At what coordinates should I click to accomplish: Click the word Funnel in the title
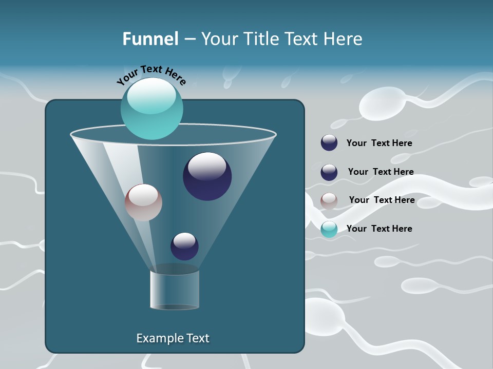(150, 39)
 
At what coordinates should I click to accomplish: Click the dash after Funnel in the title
(189, 39)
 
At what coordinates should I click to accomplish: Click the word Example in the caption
(156, 338)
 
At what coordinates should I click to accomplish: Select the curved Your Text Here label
(151, 75)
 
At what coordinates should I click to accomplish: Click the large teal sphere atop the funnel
(151, 115)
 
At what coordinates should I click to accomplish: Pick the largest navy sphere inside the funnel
(207, 176)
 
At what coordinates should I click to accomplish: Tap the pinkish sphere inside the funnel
(143, 202)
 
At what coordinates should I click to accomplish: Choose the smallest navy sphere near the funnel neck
(184, 247)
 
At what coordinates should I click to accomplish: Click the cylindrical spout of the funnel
(175, 290)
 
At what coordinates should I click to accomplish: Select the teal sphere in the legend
(329, 229)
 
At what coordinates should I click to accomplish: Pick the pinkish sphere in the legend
(329, 200)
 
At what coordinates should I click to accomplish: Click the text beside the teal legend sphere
(379, 229)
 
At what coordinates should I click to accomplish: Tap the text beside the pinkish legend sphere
(382, 200)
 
